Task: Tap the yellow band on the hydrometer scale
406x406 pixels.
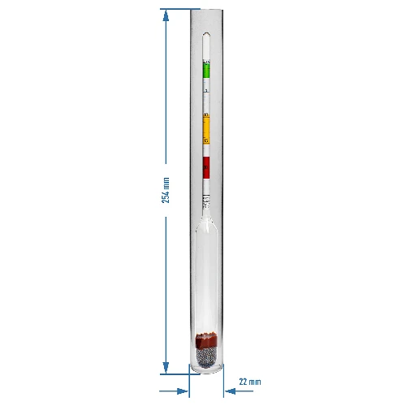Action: click(206, 128)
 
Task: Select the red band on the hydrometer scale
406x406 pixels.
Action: click(206, 168)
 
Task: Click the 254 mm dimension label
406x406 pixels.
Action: click(166, 190)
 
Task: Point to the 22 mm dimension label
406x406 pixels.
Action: click(250, 381)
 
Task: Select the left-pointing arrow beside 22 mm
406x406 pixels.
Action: click(227, 391)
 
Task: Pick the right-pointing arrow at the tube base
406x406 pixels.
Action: click(184, 391)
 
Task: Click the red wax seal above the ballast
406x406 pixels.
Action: click(206, 338)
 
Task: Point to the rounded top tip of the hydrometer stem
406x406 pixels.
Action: click(206, 34)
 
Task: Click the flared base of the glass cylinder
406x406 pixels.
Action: click(206, 371)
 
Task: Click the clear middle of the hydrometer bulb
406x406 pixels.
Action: click(206, 276)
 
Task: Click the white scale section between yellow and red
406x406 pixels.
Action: click(206, 148)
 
